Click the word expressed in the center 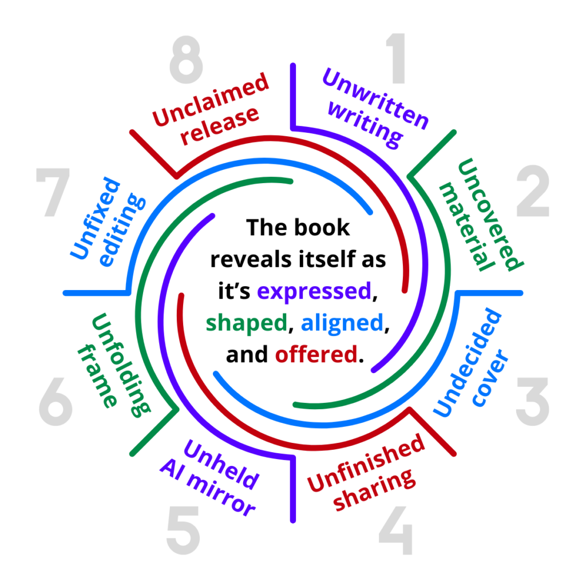point(314,291)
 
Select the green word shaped point(246,323)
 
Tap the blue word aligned point(342,323)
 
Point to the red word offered point(316,355)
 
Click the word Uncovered point(490,215)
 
